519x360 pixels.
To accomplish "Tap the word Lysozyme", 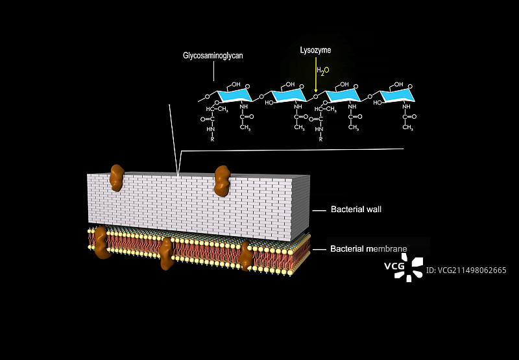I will pos(316,50).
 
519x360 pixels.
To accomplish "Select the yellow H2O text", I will pos(322,70).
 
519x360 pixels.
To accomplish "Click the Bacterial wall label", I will pos(356,210).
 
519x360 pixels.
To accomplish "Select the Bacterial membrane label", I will pos(368,248).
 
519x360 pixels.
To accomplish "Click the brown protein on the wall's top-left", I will pos(117,177).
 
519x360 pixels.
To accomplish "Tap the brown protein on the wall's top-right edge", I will pos(222,180).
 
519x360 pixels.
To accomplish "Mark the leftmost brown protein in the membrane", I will pos(101,243).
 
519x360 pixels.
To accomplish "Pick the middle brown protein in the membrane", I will pos(167,252).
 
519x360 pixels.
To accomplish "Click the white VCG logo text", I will pos(394,265).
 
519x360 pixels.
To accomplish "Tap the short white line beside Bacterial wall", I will pos(319,210).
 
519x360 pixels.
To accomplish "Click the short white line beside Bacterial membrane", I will pos(319,249).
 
